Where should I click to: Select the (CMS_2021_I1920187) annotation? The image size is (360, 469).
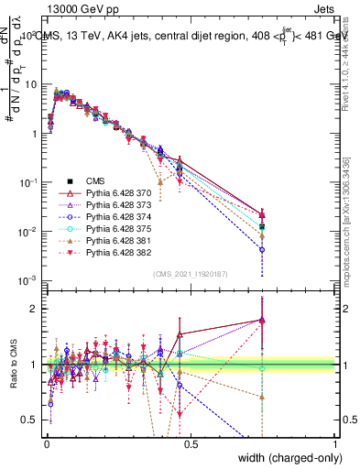coord(191,273)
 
